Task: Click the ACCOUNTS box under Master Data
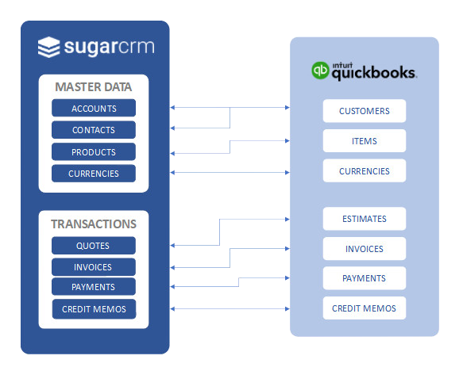click(x=94, y=108)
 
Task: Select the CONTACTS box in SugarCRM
click(x=94, y=130)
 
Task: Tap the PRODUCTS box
click(x=94, y=151)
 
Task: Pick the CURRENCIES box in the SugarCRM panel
click(x=94, y=174)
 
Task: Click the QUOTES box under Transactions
click(x=94, y=246)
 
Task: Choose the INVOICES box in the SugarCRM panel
click(x=94, y=267)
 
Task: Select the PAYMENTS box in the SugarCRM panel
click(x=94, y=286)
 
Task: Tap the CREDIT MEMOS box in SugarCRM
click(x=95, y=309)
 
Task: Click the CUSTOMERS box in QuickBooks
click(x=365, y=111)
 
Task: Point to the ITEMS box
click(x=365, y=141)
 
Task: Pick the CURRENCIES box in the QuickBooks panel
click(x=365, y=171)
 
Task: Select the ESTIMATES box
click(x=365, y=219)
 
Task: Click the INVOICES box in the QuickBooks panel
click(x=365, y=249)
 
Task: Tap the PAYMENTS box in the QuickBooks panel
click(x=365, y=278)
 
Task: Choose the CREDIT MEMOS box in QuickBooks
click(x=365, y=308)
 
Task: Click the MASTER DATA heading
click(x=94, y=87)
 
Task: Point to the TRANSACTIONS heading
click(x=94, y=224)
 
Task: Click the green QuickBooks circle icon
click(x=320, y=71)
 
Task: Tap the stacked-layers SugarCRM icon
click(x=48, y=47)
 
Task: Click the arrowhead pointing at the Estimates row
click(x=287, y=220)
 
